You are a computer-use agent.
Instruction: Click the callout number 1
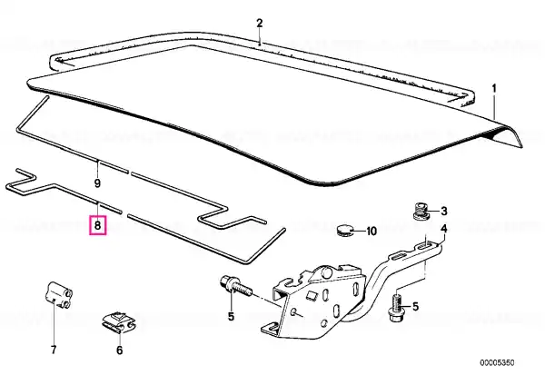494,89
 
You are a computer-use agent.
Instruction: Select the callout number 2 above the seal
260,24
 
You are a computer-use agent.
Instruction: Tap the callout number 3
444,211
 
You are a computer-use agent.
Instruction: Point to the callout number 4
444,229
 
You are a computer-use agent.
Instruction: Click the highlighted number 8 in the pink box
98,225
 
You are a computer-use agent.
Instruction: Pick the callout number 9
97,183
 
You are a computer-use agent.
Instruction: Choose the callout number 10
372,231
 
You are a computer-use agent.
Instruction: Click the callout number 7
54,350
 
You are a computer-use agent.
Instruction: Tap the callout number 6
119,350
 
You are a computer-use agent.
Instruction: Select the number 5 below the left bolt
231,316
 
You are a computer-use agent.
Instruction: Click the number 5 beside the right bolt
415,307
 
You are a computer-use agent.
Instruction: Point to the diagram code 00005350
497,363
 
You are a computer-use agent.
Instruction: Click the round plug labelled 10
344,230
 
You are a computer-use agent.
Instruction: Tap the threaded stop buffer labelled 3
421,211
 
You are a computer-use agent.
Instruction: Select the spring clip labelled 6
119,323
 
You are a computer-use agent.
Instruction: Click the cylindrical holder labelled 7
58,295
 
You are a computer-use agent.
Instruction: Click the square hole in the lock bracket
311,296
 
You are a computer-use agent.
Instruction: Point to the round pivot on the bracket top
326,272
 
